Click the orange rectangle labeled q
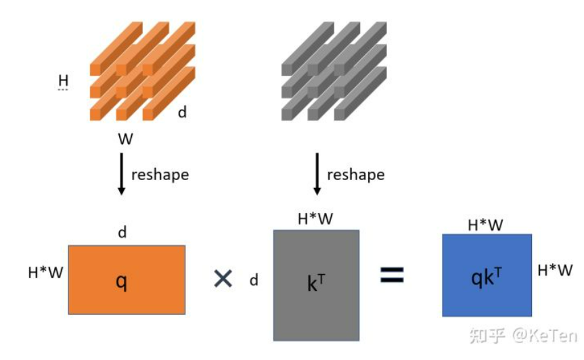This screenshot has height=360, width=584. [127, 279]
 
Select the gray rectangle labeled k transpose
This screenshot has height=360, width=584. [316, 284]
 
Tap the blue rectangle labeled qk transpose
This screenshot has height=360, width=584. [487, 275]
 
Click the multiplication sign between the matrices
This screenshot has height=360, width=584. [223, 278]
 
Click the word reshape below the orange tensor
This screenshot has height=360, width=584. [160, 175]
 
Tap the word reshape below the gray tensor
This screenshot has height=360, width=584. [355, 175]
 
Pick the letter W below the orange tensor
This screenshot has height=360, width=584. [125, 140]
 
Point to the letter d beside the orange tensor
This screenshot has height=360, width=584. [182, 112]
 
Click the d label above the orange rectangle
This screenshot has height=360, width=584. [122, 233]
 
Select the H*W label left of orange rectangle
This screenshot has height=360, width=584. [45, 273]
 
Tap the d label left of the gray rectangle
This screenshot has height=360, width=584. [254, 279]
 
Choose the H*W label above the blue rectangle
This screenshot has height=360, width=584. [486, 225]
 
